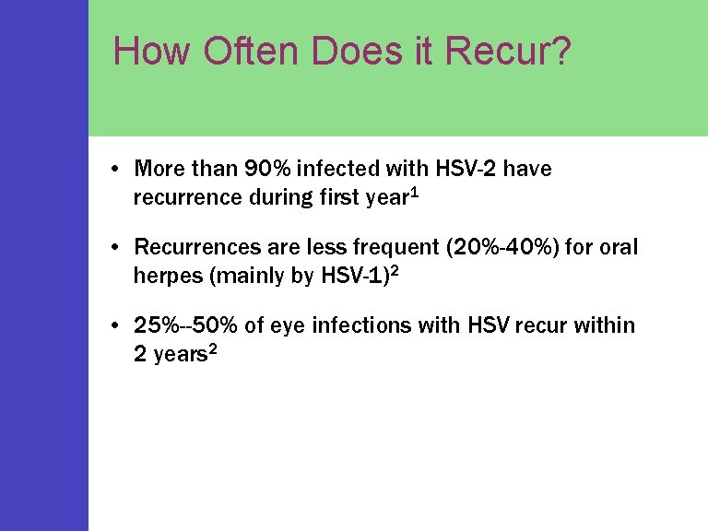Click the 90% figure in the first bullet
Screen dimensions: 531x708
coord(266,169)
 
